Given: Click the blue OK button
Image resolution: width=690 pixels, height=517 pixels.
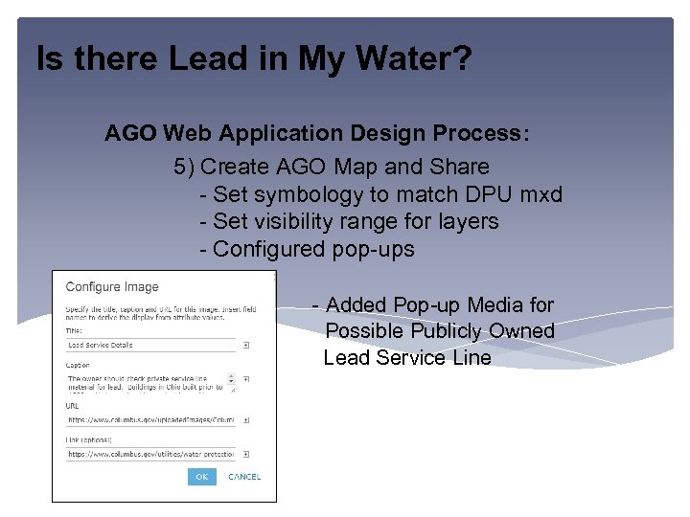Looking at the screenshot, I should click(201, 476).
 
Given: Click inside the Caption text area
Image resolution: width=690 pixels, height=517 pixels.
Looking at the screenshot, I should click(149, 383).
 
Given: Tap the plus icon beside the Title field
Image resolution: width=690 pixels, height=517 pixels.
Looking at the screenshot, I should click(246, 345).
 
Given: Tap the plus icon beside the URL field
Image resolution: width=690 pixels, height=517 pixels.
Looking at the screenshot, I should click(246, 419).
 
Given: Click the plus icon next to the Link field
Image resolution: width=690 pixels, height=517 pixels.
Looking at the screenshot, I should click(246, 454).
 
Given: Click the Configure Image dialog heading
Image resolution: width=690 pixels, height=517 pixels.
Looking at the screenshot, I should click(112, 286).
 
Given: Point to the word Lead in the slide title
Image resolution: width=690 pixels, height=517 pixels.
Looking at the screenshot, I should click(199, 60).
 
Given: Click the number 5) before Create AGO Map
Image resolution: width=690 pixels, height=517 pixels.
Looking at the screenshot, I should click(185, 167).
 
